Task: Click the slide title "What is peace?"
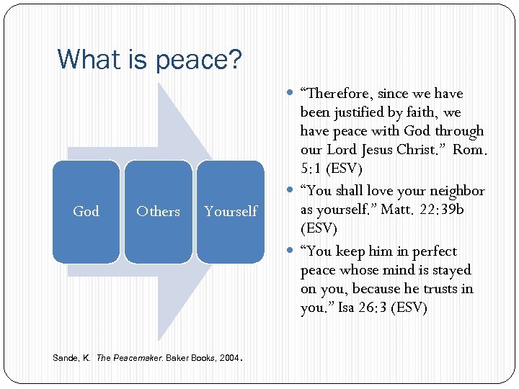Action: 149,58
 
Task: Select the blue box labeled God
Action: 86,211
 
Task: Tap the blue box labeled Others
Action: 158,211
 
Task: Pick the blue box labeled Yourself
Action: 230,211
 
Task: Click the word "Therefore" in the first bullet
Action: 337,94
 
